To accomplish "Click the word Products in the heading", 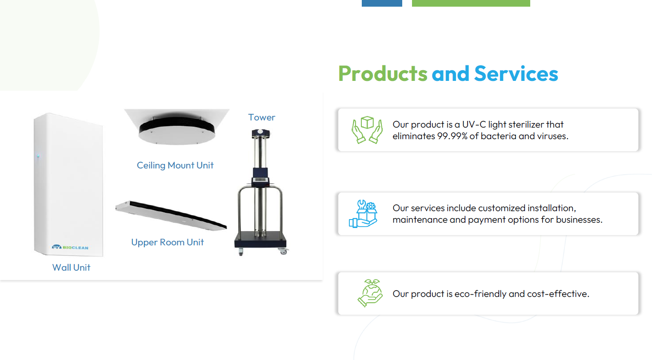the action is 383,73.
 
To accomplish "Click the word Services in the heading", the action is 516,73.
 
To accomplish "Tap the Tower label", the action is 261,117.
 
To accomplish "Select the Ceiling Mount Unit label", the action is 175,165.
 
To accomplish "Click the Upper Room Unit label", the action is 168,242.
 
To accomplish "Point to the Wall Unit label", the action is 71,268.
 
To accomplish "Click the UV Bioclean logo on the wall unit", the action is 70,247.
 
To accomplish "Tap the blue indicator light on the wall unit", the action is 38,156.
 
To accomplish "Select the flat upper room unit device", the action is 171,216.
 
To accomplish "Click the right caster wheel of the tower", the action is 283,251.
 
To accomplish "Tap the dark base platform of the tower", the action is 260,239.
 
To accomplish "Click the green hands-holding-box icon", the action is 367,130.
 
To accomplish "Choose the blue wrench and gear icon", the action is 364,214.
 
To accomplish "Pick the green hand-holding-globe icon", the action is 370,293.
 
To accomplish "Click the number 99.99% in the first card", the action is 452,136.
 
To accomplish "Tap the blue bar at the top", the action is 382,3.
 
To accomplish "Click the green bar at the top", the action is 471,3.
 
